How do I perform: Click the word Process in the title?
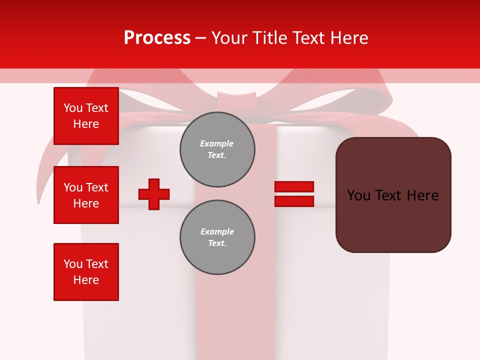[157, 38]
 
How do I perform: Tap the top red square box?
[86, 116]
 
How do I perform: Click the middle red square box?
[86, 195]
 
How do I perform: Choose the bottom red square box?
[86, 272]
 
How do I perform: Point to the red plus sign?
[154, 194]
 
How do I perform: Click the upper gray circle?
[217, 149]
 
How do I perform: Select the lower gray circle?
[217, 237]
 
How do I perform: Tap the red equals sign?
[294, 194]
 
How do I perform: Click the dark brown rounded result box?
[393, 195]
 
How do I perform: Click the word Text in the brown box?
[392, 195]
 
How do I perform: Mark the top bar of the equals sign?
[294, 186]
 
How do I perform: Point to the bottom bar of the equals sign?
[294, 201]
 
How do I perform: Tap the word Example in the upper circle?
[216, 143]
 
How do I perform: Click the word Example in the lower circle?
[217, 231]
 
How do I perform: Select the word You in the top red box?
[73, 108]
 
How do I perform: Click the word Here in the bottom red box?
[86, 280]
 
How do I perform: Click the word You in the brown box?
[358, 195]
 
